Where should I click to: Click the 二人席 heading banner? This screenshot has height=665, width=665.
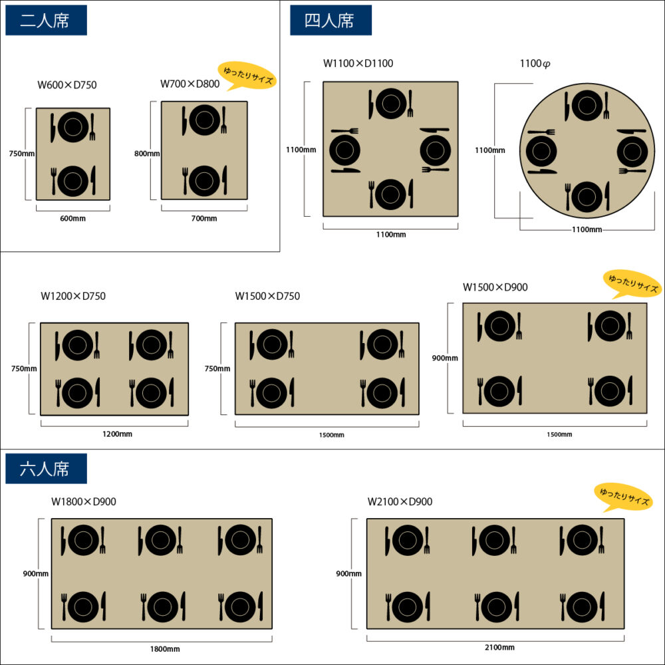click(x=46, y=21)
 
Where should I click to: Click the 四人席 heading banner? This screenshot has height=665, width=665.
click(x=331, y=21)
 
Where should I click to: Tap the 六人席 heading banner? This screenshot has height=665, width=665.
click(x=46, y=469)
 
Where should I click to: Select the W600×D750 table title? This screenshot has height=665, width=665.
click(x=67, y=84)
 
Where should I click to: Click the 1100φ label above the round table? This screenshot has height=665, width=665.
click(x=535, y=64)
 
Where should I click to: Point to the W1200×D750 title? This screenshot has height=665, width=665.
click(x=73, y=296)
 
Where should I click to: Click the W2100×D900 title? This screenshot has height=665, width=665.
click(x=400, y=501)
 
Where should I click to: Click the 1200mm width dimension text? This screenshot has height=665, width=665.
click(x=117, y=434)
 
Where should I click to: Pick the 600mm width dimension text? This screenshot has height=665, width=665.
click(x=72, y=218)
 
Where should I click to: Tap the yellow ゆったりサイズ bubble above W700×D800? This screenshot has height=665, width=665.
click(x=247, y=78)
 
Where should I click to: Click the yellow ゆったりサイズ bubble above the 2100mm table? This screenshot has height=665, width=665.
click(x=623, y=497)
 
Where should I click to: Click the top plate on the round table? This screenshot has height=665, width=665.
click(x=587, y=105)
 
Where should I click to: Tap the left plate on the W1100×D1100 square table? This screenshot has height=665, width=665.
click(x=344, y=150)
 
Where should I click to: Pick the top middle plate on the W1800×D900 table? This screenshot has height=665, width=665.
click(x=160, y=540)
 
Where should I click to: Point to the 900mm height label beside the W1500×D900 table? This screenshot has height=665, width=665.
click(x=445, y=358)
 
